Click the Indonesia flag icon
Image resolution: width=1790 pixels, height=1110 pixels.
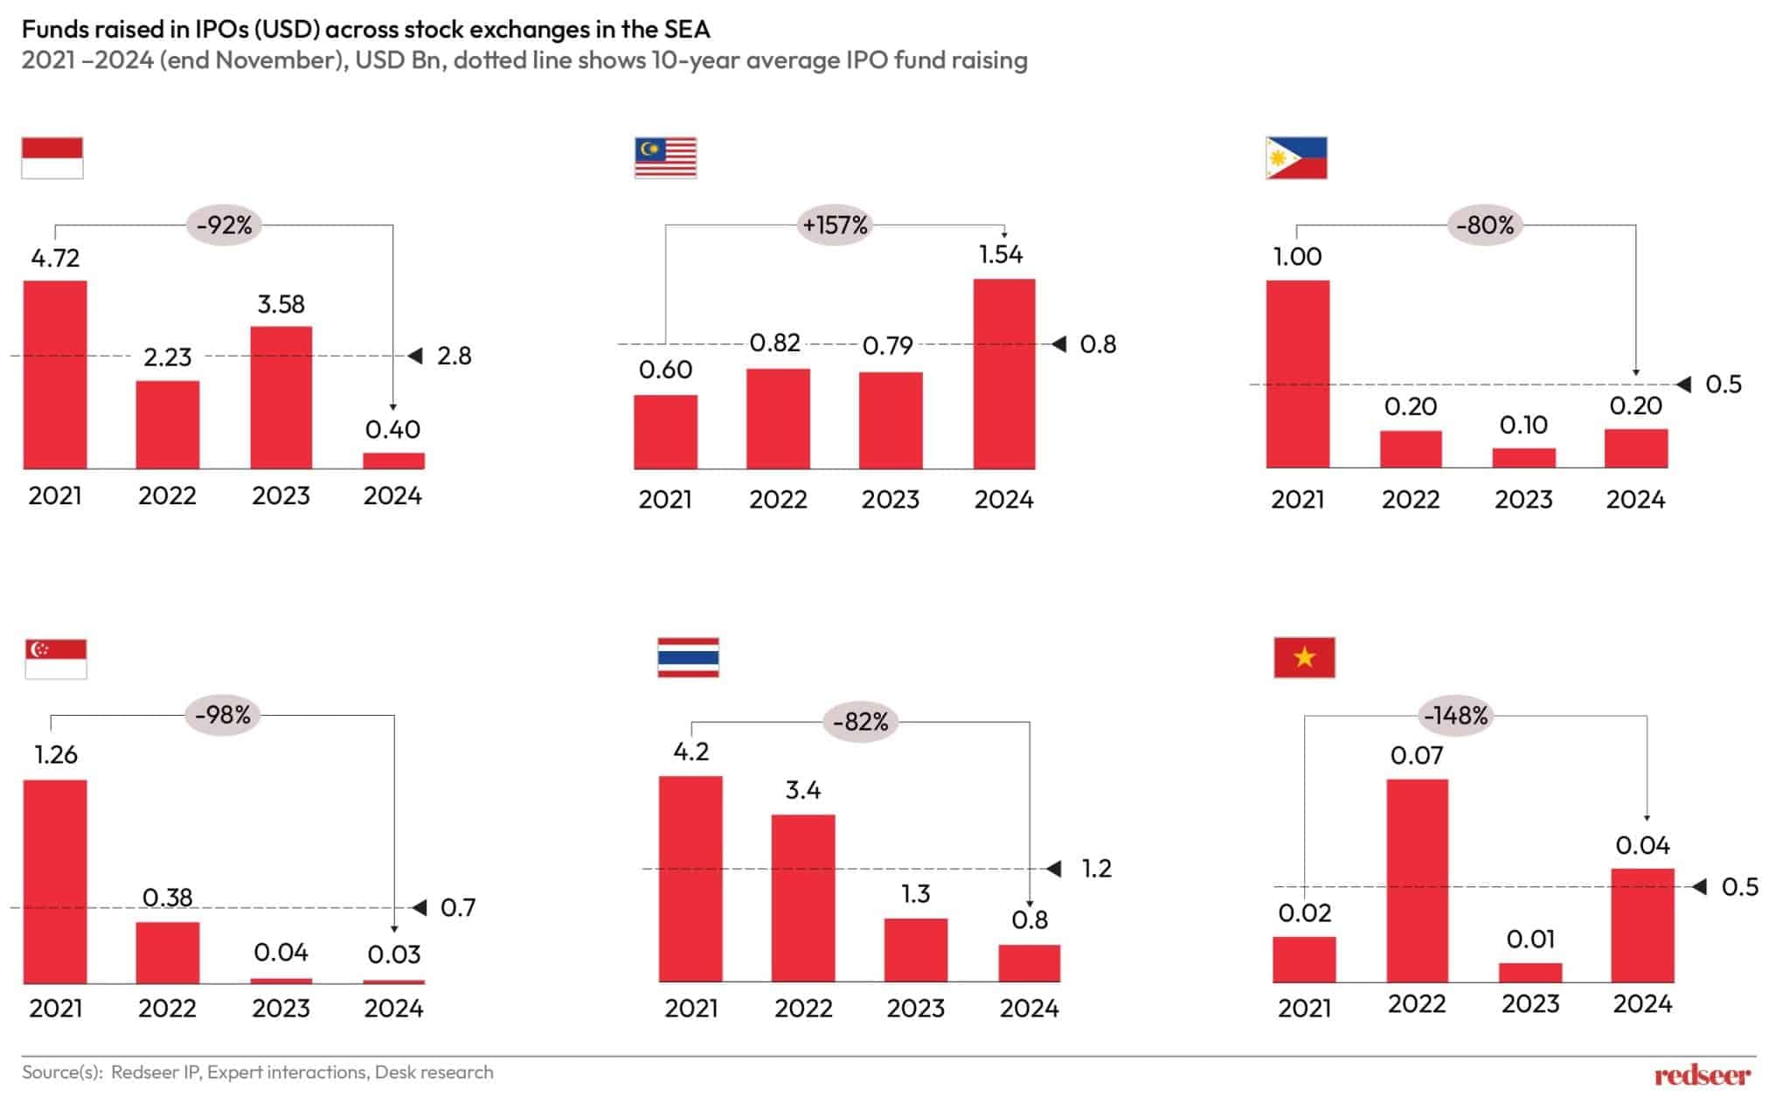coord(52,158)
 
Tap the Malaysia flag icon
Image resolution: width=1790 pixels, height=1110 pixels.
coord(665,158)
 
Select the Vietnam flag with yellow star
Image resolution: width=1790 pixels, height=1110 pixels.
coord(1304,657)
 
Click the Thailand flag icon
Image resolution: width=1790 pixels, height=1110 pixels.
coord(688,657)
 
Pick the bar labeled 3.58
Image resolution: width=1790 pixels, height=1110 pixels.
coord(281,398)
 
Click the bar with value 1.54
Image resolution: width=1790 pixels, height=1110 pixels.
coord(1003,374)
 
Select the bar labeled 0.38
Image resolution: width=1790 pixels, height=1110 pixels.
coord(167,952)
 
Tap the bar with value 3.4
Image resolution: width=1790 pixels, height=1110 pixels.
coord(802,898)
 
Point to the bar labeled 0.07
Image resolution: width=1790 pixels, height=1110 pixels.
coord(1416,880)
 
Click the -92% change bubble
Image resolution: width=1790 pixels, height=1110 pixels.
coord(225,225)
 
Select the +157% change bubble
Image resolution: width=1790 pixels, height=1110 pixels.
coord(835,225)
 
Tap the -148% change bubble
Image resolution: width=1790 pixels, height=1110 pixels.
coord(1455,716)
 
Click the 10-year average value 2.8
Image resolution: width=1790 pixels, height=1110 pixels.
coord(454,356)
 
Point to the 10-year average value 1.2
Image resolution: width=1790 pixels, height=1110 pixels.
coord(1096,868)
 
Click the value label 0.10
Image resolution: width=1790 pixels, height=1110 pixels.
coord(1523,425)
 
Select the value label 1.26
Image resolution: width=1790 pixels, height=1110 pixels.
coord(55,754)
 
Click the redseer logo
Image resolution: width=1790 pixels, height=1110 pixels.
coord(1702,1075)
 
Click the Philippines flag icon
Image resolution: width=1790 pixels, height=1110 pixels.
coord(1295,158)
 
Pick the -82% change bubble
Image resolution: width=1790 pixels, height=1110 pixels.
coord(861,722)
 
